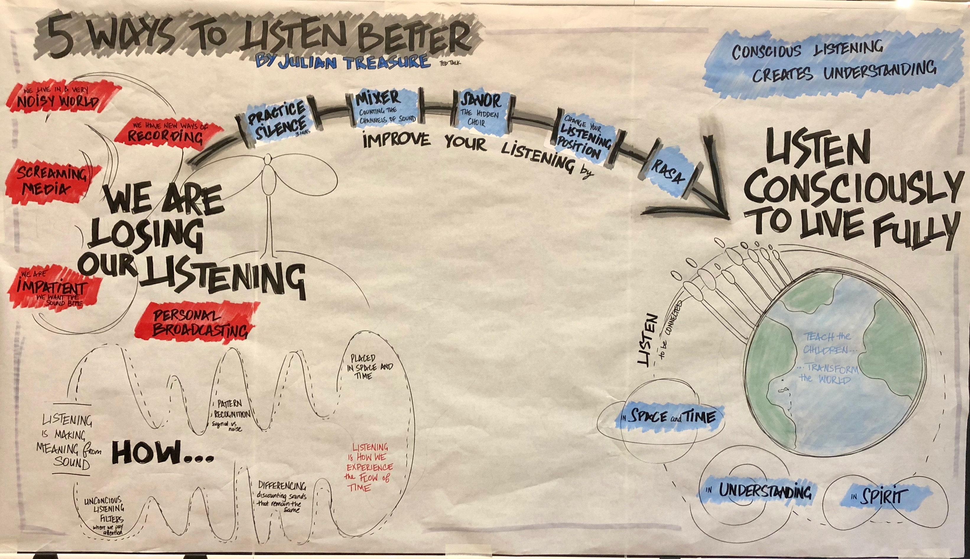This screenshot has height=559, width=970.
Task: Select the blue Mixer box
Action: [x=384, y=108]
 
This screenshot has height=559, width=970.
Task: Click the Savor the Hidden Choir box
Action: [x=481, y=110]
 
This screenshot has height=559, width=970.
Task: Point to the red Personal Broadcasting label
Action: [x=196, y=325]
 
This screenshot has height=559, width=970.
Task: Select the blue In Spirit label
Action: [x=876, y=497]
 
